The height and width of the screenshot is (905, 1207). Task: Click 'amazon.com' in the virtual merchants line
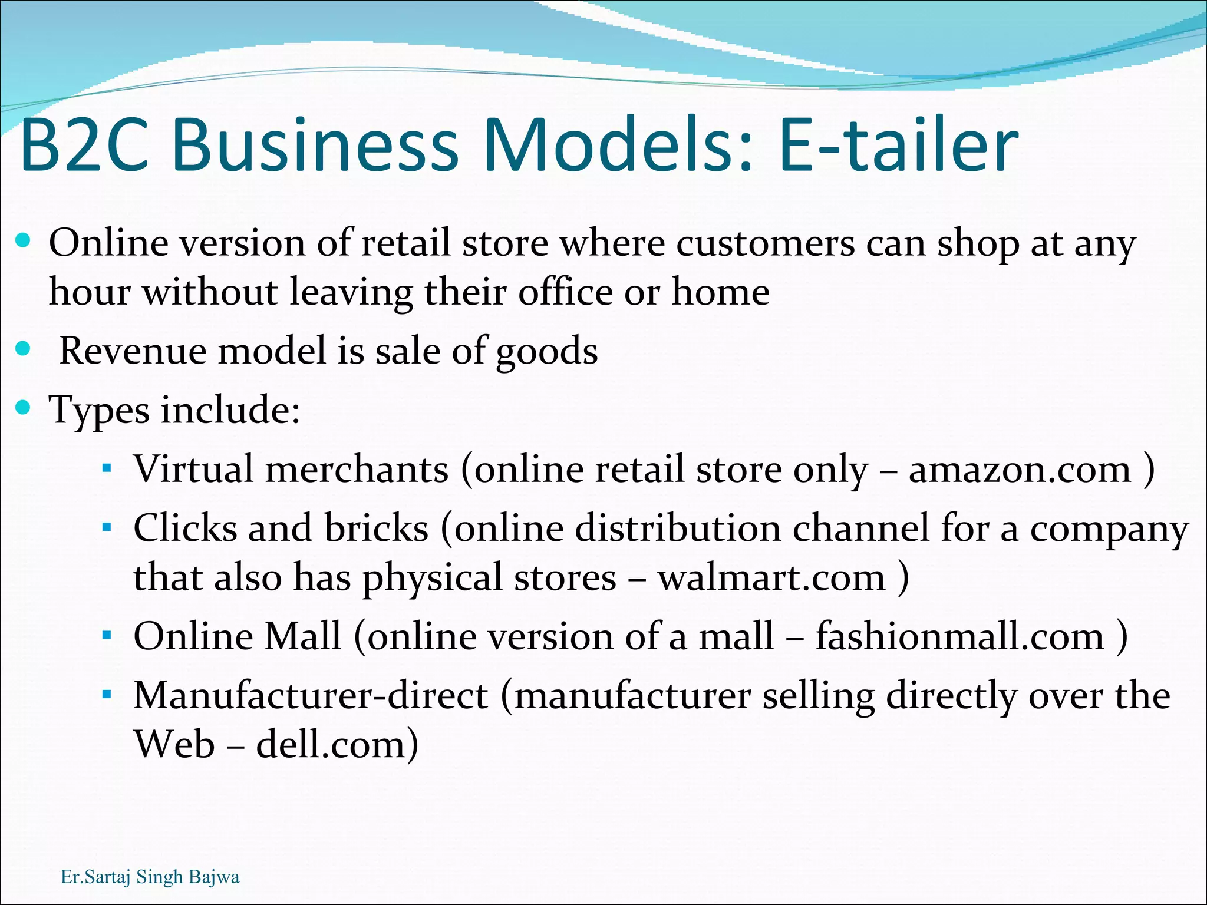pos(1020,470)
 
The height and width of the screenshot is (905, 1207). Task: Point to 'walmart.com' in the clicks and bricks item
pos(771,577)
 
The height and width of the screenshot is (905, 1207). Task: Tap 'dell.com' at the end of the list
pos(330,744)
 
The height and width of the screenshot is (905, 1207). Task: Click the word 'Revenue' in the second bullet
pos(133,351)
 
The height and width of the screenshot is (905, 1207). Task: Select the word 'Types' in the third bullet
pos(98,410)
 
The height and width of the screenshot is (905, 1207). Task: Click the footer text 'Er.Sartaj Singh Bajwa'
pos(150,877)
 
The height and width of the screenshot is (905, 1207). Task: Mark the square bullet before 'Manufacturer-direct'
pos(107,695)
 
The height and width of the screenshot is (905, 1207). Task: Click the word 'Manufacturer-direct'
pos(311,695)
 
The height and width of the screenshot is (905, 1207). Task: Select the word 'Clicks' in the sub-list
pos(184,528)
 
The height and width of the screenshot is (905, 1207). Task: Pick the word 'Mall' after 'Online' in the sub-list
pos(302,636)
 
